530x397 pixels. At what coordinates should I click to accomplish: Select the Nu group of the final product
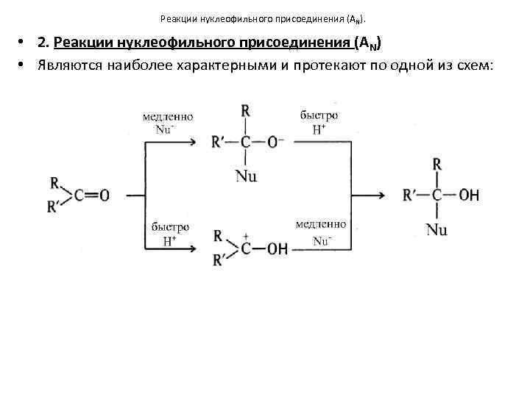[437, 229]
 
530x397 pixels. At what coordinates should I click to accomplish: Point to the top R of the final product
[437, 163]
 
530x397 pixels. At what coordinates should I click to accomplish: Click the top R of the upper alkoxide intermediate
[245, 111]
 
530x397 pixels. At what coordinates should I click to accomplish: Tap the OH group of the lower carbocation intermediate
[278, 248]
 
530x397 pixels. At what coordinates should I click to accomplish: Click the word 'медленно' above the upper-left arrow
[168, 117]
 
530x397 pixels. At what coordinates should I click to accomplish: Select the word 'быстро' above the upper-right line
[319, 115]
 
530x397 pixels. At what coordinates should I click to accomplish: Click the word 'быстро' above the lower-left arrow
[170, 227]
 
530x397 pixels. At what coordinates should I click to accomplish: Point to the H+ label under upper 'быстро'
[319, 129]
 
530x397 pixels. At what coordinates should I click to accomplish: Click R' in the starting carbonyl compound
[54, 208]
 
